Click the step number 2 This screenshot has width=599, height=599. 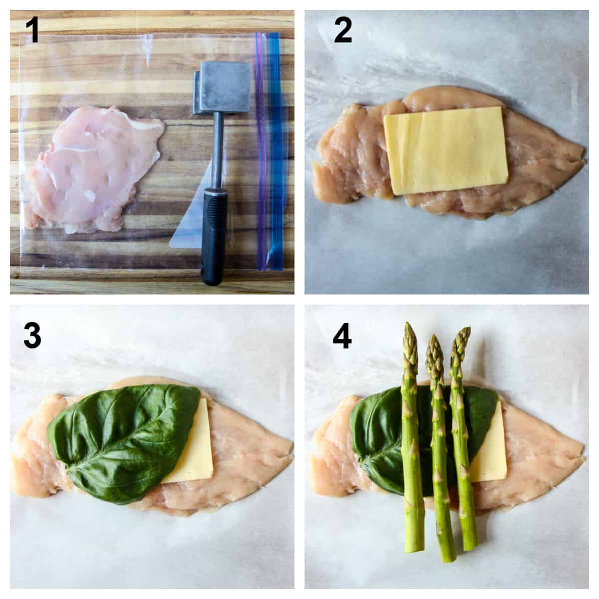[x=342, y=31]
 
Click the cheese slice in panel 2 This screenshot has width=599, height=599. [x=445, y=150]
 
